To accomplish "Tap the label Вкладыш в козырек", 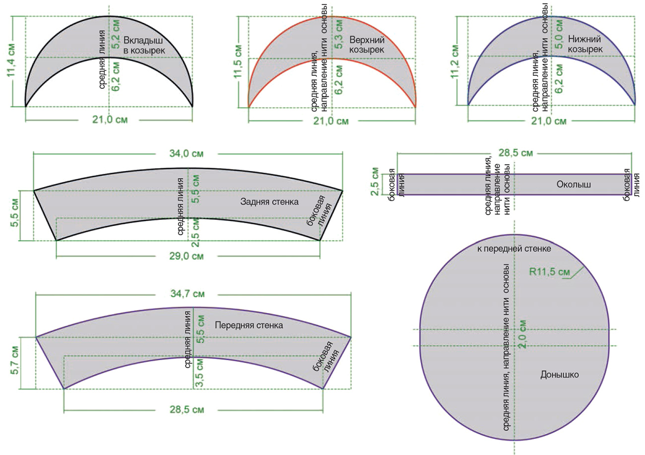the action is [144, 45].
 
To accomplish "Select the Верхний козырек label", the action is [367, 45].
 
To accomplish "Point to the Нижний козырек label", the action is [585, 44].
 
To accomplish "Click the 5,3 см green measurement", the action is [339, 34].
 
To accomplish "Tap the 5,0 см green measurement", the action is [559, 34].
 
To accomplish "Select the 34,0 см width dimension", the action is [186, 153].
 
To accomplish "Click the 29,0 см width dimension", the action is [186, 256].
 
